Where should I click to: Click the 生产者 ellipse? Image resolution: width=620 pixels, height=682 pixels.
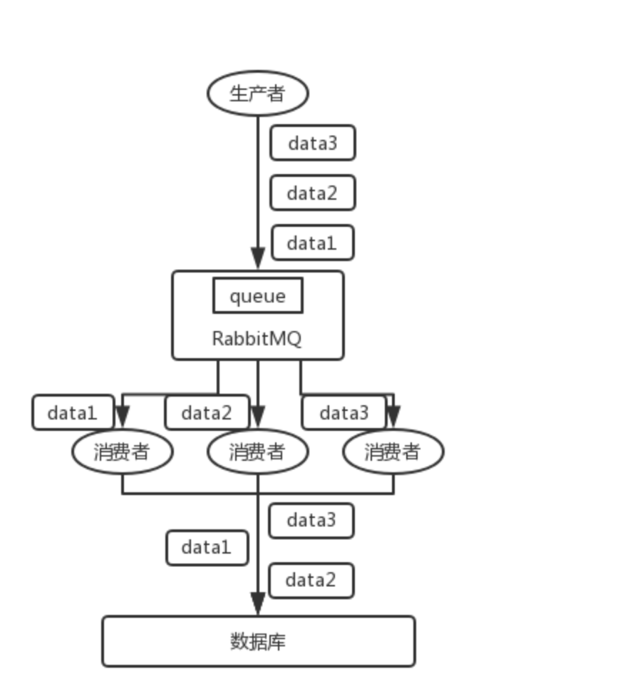point(257,93)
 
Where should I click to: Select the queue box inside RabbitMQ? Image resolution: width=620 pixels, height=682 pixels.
point(257,295)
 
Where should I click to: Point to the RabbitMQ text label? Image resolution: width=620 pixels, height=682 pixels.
point(257,338)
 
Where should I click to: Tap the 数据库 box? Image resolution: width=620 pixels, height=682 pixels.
point(258,641)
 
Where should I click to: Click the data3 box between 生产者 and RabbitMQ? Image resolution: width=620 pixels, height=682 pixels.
point(312,143)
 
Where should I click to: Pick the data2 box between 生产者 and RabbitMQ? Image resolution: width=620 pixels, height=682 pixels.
point(312,193)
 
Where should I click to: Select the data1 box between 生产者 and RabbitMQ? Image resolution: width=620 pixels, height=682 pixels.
point(311,243)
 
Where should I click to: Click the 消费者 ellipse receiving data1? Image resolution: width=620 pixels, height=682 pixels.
point(122,452)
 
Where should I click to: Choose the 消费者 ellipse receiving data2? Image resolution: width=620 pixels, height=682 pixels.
point(257,452)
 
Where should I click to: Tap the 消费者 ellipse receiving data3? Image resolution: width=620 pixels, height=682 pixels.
point(393,452)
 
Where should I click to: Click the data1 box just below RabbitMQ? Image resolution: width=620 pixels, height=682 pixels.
point(73,412)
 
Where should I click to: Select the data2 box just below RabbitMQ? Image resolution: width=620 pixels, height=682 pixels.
point(207,412)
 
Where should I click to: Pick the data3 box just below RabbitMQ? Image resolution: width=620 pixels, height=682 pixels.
point(343,412)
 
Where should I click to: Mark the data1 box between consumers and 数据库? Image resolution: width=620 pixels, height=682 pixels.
point(207,547)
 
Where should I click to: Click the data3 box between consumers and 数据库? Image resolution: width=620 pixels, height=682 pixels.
point(311,521)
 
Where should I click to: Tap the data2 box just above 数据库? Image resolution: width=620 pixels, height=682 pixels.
point(311,581)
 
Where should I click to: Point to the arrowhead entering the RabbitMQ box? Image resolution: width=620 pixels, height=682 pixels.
point(258,259)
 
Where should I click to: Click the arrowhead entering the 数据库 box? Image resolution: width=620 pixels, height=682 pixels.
point(258,605)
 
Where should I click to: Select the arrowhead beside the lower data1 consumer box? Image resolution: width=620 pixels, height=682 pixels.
point(123,416)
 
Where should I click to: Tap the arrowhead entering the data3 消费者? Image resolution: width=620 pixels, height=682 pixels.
point(393,416)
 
